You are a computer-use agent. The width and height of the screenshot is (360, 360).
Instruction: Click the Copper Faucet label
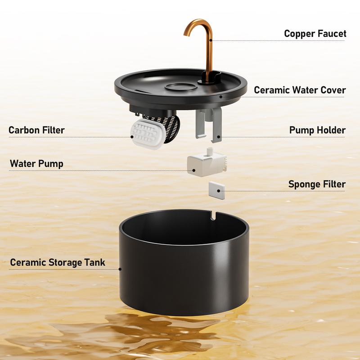(x=315, y=33)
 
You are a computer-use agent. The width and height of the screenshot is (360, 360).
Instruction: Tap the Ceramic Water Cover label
(x=300, y=90)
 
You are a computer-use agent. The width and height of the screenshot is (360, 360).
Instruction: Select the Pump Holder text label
(x=317, y=130)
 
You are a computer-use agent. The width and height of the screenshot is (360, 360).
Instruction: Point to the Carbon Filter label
(x=36, y=130)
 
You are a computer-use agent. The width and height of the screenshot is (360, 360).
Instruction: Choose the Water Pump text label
(x=36, y=164)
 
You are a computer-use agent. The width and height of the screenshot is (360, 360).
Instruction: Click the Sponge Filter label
(x=317, y=184)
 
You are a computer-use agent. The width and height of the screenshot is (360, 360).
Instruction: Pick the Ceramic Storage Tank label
(x=58, y=262)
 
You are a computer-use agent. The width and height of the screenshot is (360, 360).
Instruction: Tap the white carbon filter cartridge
(x=148, y=134)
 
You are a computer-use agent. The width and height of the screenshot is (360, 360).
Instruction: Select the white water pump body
(x=207, y=164)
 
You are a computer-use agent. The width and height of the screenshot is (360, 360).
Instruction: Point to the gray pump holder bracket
(x=209, y=125)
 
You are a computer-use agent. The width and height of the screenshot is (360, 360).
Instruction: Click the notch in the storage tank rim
(x=213, y=216)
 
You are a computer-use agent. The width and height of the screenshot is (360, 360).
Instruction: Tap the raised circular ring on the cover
(x=181, y=87)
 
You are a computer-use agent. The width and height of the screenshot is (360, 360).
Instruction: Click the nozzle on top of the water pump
(x=209, y=152)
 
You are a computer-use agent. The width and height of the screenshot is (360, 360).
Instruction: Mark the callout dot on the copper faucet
(x=211, y=40)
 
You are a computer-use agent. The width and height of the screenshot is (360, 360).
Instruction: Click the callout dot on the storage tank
(x=120, y=269)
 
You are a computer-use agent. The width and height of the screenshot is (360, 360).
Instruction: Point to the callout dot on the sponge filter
(x=218, y=191)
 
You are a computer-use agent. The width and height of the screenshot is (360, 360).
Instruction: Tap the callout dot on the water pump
(x=194, y=171)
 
